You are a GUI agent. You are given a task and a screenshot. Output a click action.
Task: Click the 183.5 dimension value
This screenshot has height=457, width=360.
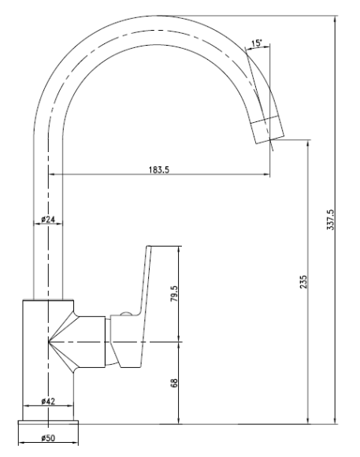point(159,169)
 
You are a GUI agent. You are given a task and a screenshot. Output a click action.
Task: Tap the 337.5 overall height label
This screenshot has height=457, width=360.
point(331,220)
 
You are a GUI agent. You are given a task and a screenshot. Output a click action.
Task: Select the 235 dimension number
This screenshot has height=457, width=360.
point(303,282)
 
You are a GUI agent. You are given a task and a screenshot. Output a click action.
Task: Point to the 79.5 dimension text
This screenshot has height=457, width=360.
point(174,293)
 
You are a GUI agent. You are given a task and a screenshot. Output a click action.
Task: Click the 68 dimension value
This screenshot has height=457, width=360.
point(174,383)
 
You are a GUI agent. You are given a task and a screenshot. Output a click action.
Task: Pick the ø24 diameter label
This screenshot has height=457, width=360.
point(48,219)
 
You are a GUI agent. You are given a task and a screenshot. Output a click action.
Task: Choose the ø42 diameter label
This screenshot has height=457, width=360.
point(48,401)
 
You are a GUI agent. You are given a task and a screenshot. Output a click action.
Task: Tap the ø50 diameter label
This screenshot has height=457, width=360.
point(48,438)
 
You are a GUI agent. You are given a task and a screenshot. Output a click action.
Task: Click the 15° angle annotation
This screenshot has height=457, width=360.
point(257,43)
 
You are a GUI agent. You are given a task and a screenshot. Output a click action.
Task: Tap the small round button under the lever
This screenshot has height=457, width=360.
point(127,314)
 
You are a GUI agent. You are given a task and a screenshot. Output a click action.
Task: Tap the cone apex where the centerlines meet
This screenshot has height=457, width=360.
point(48,341)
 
